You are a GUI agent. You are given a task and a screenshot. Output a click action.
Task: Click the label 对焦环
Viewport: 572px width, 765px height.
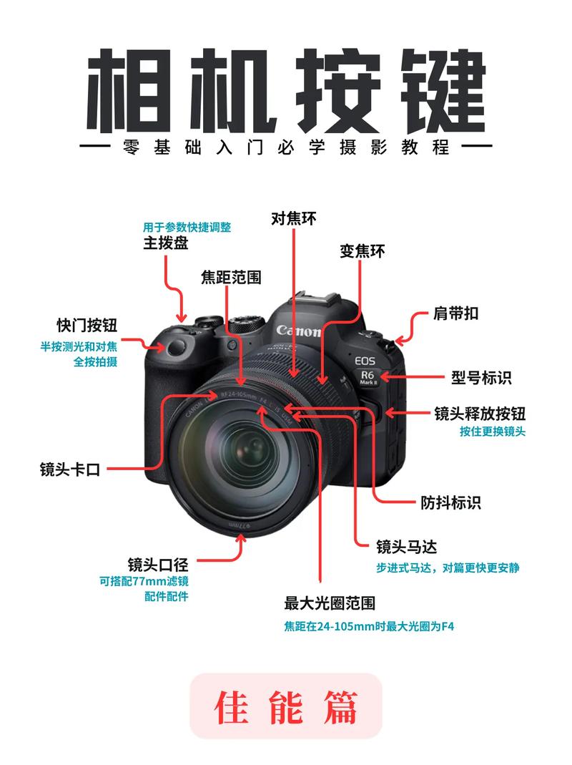coord(294,218)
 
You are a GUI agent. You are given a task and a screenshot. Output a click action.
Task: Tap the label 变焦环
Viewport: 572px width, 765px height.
coord(363,251)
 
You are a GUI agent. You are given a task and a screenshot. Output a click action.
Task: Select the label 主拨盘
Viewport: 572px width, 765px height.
coord(166,243)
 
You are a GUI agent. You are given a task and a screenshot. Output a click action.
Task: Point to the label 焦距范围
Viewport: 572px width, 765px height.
coord(231,278)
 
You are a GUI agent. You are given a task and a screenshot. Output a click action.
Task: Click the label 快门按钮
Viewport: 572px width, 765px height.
coord(87,326)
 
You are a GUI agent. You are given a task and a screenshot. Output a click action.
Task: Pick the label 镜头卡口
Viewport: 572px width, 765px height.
coord(69,469)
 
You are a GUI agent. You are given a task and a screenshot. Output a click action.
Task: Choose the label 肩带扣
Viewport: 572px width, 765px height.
coord(456,313)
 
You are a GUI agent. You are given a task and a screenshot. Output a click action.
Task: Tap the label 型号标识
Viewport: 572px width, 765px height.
coord(481,377)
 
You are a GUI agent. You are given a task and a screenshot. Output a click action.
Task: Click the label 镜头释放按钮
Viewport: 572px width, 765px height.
coord(480,414)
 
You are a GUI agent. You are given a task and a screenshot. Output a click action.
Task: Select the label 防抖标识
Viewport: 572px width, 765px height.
coord(450,502)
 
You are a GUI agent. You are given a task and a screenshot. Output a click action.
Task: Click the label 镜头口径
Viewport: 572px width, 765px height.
coord(158,563)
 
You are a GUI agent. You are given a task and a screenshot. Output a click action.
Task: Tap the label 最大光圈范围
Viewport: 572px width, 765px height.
coord(330,603)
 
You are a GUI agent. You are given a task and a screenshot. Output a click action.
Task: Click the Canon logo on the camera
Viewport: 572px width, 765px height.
coord(299,331)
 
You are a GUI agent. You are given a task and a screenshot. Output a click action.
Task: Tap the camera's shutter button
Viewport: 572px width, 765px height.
coord(174,348)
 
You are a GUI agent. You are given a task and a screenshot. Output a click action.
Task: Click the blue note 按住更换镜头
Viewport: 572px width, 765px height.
coord(493,432)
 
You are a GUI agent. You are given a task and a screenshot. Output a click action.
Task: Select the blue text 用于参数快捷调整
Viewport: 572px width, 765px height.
coord(187,227)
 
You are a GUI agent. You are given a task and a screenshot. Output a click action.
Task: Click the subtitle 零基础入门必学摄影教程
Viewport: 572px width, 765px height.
coord(286,147)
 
